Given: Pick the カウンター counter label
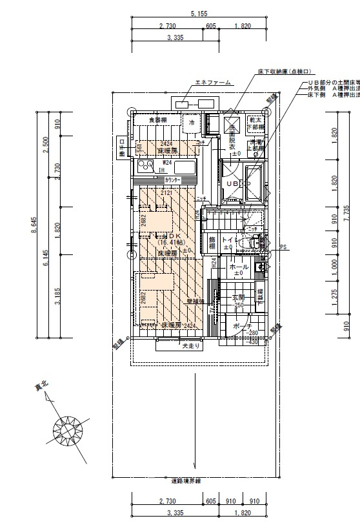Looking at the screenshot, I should click(x=173, y=180).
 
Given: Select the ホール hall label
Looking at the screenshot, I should click(x=239, y=267).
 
